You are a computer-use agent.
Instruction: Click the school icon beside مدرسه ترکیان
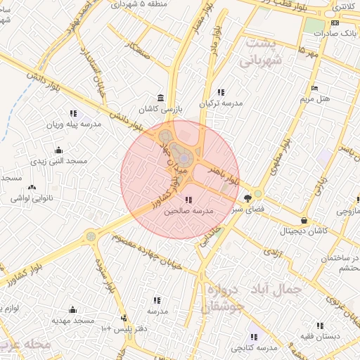221,92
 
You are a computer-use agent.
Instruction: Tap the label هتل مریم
314,98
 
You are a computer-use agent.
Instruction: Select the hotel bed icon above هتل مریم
314,88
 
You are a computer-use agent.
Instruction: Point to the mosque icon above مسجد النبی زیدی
58,150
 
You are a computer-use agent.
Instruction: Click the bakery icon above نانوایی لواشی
32,187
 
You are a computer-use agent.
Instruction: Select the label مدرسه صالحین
188,211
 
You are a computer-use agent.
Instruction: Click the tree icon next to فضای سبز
247,198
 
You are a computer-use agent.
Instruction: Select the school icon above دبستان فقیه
321,326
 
